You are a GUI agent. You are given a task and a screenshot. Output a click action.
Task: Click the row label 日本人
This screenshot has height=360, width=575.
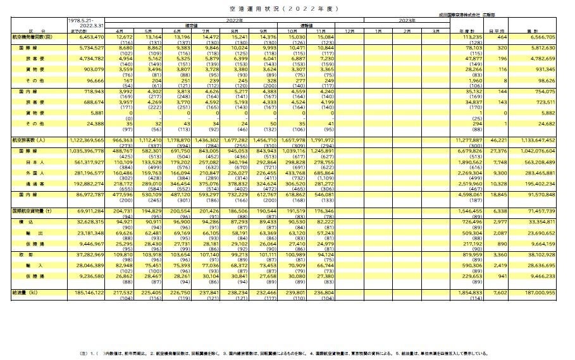coord(35,162)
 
